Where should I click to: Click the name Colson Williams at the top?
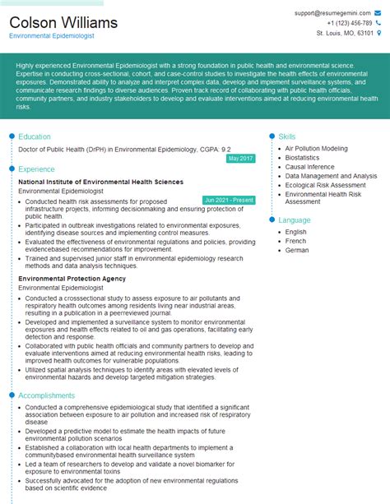tap(63, 22)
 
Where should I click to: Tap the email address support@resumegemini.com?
tap(331, 14)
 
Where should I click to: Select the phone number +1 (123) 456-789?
tap(345, 24)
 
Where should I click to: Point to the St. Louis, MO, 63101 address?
tap(344, 34)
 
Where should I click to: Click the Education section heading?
tap(35, 136)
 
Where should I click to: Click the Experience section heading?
tap(37, 169)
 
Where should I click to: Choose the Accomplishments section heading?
tap(47, 395)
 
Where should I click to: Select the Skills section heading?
tap(287, 136)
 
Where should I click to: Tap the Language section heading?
tap(295, 220)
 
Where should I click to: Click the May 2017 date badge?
tap(240, 158)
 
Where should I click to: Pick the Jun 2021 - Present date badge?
tap(229, 200)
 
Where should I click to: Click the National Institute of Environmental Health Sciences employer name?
tap(100, 182)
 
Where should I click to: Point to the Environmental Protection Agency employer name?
tap(72, 279)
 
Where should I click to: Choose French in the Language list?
tap(296, 241)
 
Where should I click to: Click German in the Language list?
tap(297, 250)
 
